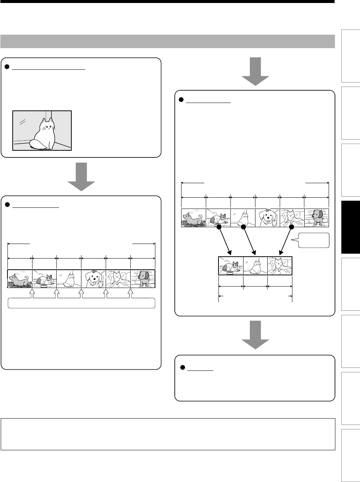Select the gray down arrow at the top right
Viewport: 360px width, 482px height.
(255, 71)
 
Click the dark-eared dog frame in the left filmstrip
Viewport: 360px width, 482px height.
(143, 279)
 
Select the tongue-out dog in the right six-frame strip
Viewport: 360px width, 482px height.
(267, 218)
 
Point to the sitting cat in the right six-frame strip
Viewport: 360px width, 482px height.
(243, 218)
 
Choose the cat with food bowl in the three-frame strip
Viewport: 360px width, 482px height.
(230, 266)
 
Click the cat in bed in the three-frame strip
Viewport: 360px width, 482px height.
(280, 266)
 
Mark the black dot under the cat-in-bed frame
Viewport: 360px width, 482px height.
(292, 227)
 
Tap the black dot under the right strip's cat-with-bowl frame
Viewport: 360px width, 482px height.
(219, 227)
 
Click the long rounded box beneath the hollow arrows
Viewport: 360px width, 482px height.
(81, 303)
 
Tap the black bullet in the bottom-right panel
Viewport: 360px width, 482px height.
(183, 367)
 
